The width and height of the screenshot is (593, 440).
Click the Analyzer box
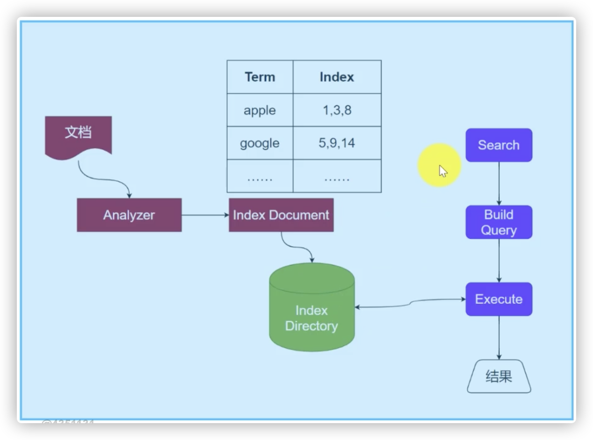coord(129,215)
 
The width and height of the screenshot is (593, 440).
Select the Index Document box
coord(281,215)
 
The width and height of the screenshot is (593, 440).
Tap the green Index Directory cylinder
coord(312,314)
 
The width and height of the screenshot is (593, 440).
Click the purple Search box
coord(499,145)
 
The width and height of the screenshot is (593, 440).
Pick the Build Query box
coord(499,222)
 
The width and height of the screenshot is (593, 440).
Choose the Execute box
coord(499,299)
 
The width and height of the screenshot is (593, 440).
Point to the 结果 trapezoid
coord(499,376)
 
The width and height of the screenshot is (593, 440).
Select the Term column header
coord(260,77)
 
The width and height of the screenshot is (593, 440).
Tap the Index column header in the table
coord(337,77)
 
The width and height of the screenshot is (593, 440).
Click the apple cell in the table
coord(260,110)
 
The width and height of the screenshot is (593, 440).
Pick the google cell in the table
coord(260,143)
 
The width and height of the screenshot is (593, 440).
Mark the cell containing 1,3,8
coord(337,110)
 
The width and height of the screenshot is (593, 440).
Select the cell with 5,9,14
coord(337,143)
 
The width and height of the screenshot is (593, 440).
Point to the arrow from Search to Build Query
coord(499,183)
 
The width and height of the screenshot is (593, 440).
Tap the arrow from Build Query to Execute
coord(499,260)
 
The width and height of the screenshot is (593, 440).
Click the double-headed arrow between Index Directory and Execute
coord(410,304)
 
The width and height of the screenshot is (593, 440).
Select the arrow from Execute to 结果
coord(499,337)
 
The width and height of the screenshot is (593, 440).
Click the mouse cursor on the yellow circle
coord(442,171)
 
